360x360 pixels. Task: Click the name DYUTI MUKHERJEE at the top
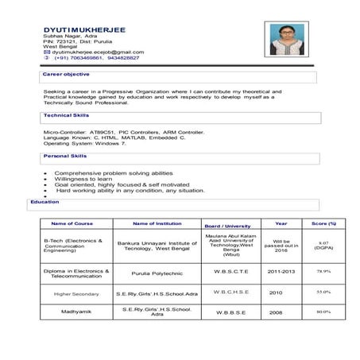(x=84, y=29)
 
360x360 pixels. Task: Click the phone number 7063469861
(x=79, y=58)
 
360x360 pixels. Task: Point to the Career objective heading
(x=66, y=74)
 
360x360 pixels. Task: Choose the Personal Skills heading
(x=65, y=156)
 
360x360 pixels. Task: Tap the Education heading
(x=45, y=202)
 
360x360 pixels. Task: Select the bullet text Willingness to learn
(x=83, y=179)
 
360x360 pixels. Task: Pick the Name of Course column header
(x=72, y=224)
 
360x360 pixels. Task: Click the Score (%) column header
(x=323, y=224)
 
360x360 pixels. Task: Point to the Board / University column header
(x=227, y=226)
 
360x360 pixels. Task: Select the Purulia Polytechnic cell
(x=158, y=272)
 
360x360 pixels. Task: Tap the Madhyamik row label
(x=75, y=312)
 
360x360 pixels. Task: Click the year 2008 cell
(x=276, y=312)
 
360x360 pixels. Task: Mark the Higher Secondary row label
(x=76, y=293)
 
